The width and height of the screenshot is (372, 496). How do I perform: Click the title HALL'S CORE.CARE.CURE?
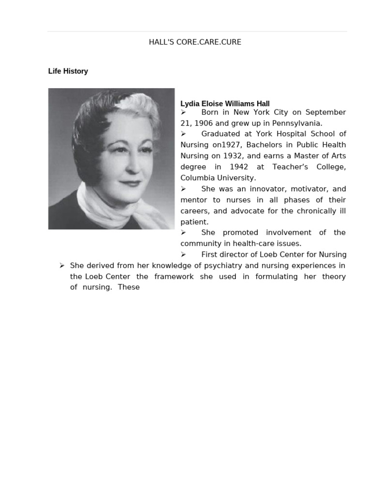pos(195,42)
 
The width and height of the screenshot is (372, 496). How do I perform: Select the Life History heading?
pos(68,71)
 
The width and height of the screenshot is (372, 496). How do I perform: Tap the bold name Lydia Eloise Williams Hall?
pos(225,104)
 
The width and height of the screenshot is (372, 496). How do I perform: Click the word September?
pos(325,112)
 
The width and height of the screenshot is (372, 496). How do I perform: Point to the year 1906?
pos(203,123)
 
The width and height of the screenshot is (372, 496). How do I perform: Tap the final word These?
pos(128,287)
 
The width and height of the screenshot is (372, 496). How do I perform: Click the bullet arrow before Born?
pos(184,112)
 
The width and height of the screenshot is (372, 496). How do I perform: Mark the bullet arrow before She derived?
pos(62,265)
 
